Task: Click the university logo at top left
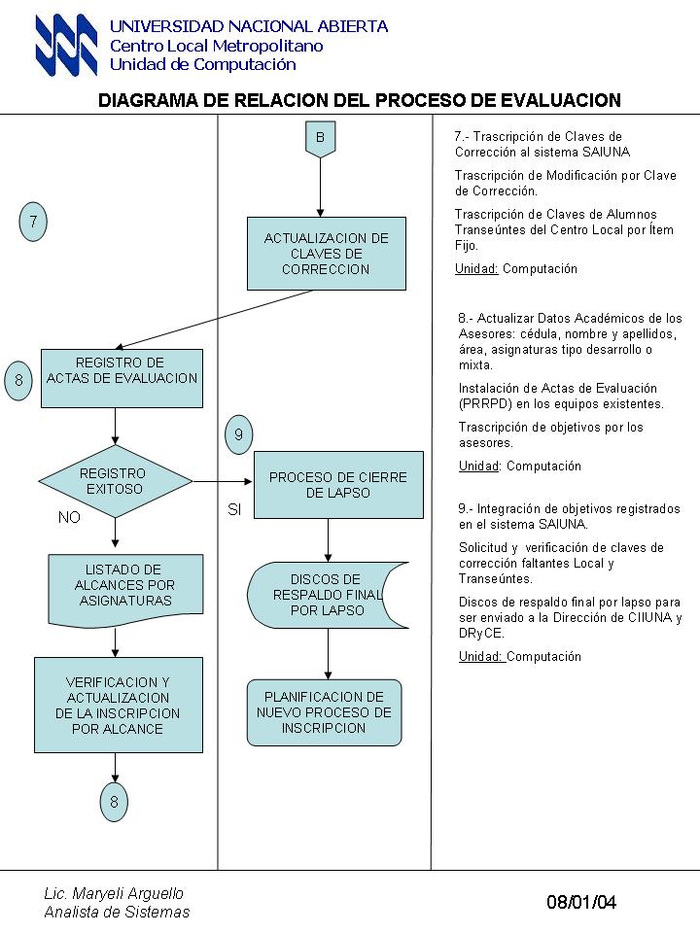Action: [x=66, y=45]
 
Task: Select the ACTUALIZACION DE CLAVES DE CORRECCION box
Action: [x=327, y=254]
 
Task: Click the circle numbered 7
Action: [x=33, y=222]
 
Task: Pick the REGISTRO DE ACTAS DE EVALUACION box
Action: [x=122, y=378]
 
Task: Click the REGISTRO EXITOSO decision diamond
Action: [x=116, y=481]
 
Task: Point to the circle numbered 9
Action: [x=239, y=434]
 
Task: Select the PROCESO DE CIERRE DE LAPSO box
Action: [x=338, y=485]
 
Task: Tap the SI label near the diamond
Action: [x=234, y=509]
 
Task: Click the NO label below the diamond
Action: [x=69, y=518]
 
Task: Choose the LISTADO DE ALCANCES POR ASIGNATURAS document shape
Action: [x=125, y=590]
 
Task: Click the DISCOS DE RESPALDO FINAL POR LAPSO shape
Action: [x=328, y=595]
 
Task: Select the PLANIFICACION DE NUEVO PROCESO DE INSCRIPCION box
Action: [x=325, y=712]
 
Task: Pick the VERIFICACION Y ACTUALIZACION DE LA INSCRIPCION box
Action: [x=119, y=706]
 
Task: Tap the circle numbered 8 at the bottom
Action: [x=114, y=802]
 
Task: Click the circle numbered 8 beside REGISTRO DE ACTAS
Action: [x=18, y=380]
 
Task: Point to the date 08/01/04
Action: [x=581, y=902]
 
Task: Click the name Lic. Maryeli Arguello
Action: [x=114, y=893]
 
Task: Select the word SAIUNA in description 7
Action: [x=606, y=153]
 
